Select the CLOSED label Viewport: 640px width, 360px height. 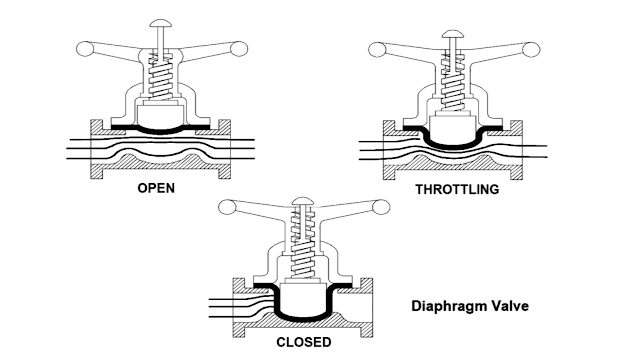303,342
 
